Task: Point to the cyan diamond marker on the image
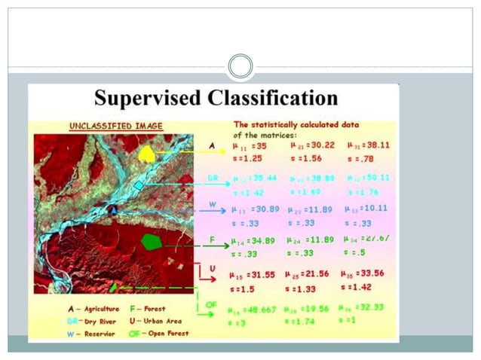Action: pyautogui.click(x=138, y=185)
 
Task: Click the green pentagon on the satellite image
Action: pyautogui.click(x=152, y=242)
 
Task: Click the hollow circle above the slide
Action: pyautogui.click(x=240, y=66)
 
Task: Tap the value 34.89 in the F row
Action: pyautogui.click(x=259, y=240)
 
